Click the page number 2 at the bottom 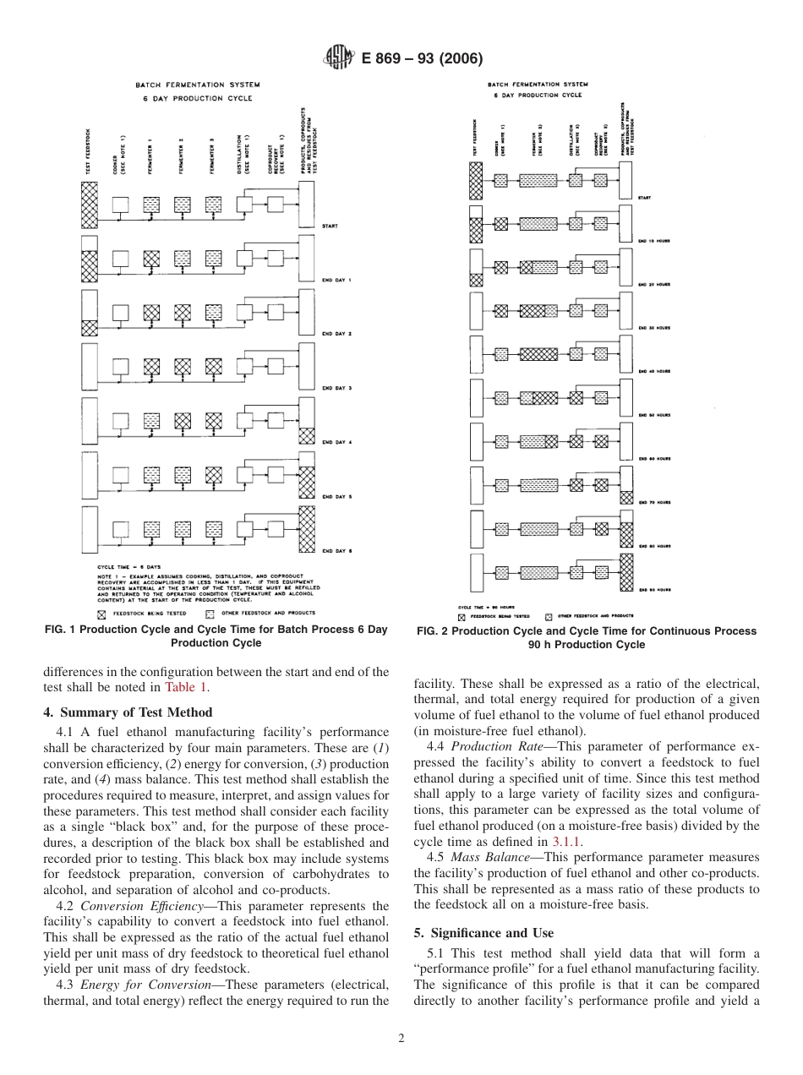point(401,1039)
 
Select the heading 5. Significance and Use point(483,932)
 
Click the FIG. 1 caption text point(217,636)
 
